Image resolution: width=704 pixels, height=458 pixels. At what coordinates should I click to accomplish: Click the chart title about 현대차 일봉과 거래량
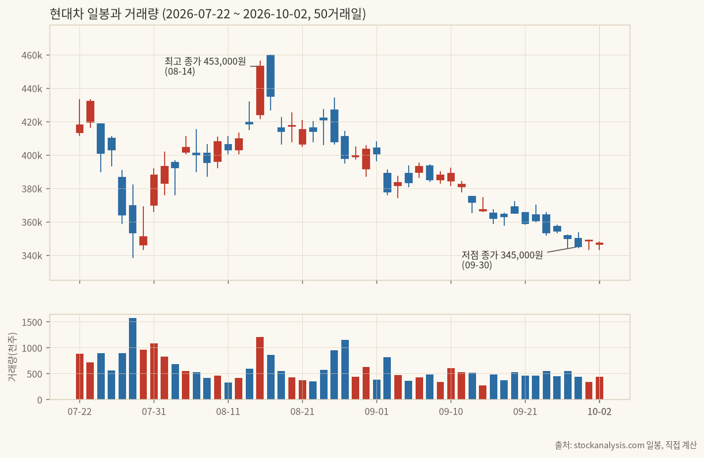click(x=208, y=14)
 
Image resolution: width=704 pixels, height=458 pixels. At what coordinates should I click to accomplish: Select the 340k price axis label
click(x=32, y=256)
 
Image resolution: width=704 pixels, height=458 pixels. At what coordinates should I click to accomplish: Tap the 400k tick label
click(x=32, y=156)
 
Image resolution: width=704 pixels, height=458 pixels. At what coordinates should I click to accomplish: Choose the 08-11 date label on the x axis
click(x=228, y=411)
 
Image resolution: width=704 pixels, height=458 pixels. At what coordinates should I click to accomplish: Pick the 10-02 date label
click(x=599, y=411)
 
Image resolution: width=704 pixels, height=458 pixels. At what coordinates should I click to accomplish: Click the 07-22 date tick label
click(x=79, y=411)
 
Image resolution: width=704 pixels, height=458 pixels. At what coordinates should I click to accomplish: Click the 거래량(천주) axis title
click(x=12, y=357)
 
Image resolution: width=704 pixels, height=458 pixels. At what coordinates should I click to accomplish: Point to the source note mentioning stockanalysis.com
click(x=626, y=445)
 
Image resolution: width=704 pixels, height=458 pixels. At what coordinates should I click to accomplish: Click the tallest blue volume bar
click(x=132, y=358)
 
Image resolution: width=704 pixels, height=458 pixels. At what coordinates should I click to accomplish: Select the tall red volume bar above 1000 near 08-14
click(x=260, y=368)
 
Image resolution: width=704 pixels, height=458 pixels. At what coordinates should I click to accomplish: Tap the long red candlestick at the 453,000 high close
click(x=260, y=90)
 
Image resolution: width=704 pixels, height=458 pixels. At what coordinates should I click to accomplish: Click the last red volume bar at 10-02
click(x=599, y=388)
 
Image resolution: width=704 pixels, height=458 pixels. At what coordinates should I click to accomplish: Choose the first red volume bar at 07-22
click(x=79, y=377)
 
